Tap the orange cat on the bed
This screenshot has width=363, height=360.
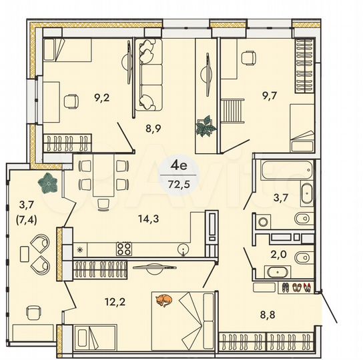click(163, 301)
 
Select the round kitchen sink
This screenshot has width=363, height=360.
click(182, 249)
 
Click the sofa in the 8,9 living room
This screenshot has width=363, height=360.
click(149, 73)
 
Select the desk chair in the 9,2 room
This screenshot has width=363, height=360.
click(70, 101)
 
